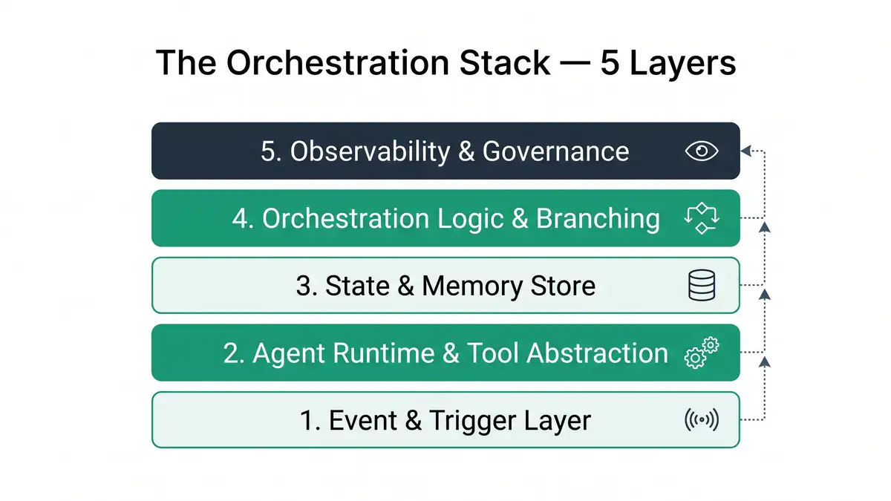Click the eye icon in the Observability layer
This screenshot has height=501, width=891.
[702, 151]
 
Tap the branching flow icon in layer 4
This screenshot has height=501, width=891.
[702, 219]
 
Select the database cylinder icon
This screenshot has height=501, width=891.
[702, 286]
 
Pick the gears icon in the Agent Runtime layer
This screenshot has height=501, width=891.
[702, 353]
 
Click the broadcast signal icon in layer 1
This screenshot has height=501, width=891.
[702, 420]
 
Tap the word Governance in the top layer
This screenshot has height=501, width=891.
[555, 151]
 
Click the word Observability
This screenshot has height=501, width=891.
[370, 151]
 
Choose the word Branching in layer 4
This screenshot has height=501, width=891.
[598, 219]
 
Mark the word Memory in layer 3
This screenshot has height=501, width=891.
[465, 286]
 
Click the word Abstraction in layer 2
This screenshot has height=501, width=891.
[597, 353]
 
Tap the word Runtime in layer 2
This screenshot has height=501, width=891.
[384, 353]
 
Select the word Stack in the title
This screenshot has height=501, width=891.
[500, 64]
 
